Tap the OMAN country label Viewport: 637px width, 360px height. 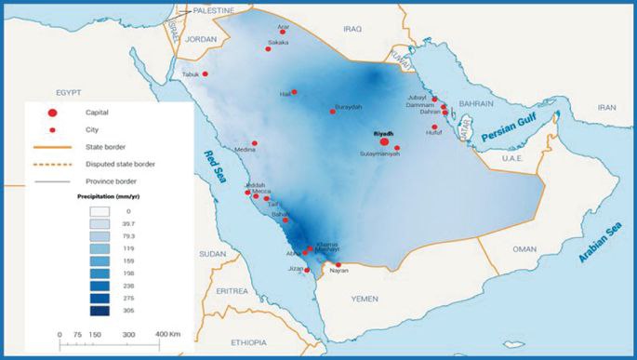pyautogui.click(x=525, y=249)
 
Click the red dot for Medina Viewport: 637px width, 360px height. pyautogui.click(x=254, y=143)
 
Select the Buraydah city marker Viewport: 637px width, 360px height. pyautogui.click(x=333, y=112)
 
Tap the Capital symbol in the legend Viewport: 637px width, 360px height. pyautogui.click(x=53, y=113)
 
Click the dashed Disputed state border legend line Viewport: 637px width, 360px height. pyautogui.click(x=53, y=164)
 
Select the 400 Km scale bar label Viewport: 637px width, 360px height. pyautogui.click(x=166, y=333)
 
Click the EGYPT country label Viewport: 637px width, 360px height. pyautogui.click(x=71, y=95)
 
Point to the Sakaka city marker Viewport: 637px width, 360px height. pyautogui.click(x=269, y=48)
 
